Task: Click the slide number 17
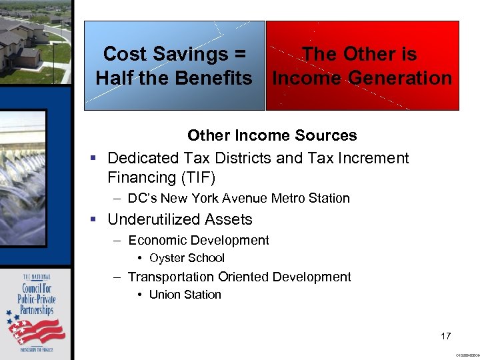(446, 336)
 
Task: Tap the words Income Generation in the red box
(363, 78)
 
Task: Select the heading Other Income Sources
(272, 135)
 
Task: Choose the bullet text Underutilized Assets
(180, 219)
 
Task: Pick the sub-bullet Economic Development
(199, 240)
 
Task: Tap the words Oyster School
(187, 258)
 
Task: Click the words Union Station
(185, 295)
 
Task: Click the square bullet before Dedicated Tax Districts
(93, 159)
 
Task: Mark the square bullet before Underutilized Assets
(93, 220)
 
